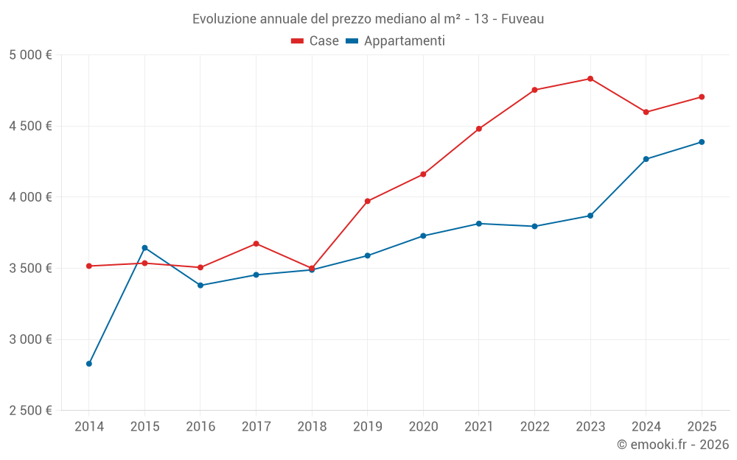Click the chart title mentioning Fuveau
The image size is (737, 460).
pyautogui.click(x=368, y=19)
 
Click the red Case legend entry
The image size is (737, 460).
pyautogui.click(x=315, y=41)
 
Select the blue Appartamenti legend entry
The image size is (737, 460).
pyautogui.click(x=396, y=41)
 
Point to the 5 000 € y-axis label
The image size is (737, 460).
pyautogui.click(x=30, y=55)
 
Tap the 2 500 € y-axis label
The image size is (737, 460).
pyautogui.click(x=30, y=411)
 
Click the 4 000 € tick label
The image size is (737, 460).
pyautogui.click(x=30, y=197)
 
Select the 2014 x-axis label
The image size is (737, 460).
pyautogui.click(x=89, y=427)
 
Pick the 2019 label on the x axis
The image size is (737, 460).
pyautogui.click(x=367, y=427)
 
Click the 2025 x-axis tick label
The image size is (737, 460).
pyautogui.click(x=701, y=427)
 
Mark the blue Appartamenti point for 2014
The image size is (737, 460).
pyautogui.click(x=89, y=364)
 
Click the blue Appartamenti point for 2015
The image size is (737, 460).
pyautogui.click(x=144, y=247)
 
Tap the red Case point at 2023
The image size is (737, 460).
pyautogui.click(x=590, y=79)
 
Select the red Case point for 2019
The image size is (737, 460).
pyautogui.click(x=367, y=201)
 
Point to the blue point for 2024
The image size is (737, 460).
pyautogui.click(x=646, y=159)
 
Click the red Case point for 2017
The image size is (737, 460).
pyautogui.click(x=256, y=244)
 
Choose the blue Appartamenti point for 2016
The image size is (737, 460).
pyautogui.click(x=200, y=286)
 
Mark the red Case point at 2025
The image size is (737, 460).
pyautogui.click(x=702, y=97)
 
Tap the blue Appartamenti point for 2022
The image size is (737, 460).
pyautogui.click(x=534, y=227)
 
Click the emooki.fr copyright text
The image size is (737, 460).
pyautogui.click(x=672, y=445)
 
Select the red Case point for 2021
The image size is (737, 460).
pyautogui.click(x=479, y=129)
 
